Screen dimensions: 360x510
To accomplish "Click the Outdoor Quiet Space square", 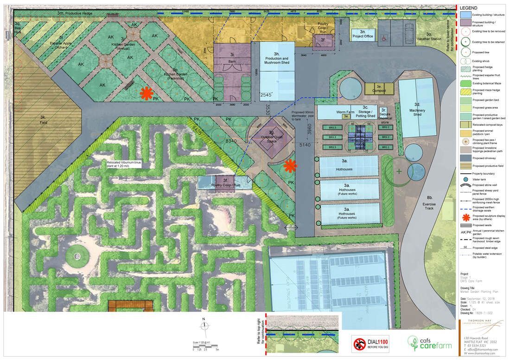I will coord(272,139).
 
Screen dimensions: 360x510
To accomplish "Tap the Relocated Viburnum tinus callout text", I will coord(122,164).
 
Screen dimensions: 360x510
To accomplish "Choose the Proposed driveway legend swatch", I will coord(465,157).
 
